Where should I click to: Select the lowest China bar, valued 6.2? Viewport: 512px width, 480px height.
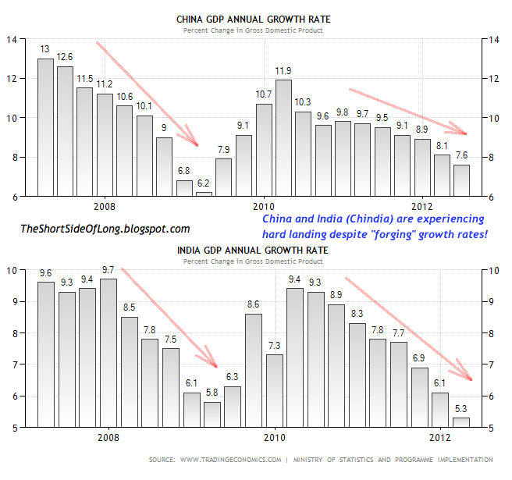(x=204, y=194)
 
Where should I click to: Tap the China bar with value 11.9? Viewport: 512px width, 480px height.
(x=284, y=137)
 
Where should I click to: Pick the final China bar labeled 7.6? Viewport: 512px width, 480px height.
(x=462, y=180)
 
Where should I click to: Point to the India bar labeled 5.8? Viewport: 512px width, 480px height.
(x=212, y=414)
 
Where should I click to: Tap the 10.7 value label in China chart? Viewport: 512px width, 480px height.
(x=264, y=94)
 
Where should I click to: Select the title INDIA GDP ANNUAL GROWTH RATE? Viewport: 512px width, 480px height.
(x=253, y=250)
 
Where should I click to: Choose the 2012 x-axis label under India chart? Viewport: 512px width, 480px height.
(x=440, y=438)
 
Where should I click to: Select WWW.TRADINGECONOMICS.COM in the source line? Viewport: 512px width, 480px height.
(x=232, y=460)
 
